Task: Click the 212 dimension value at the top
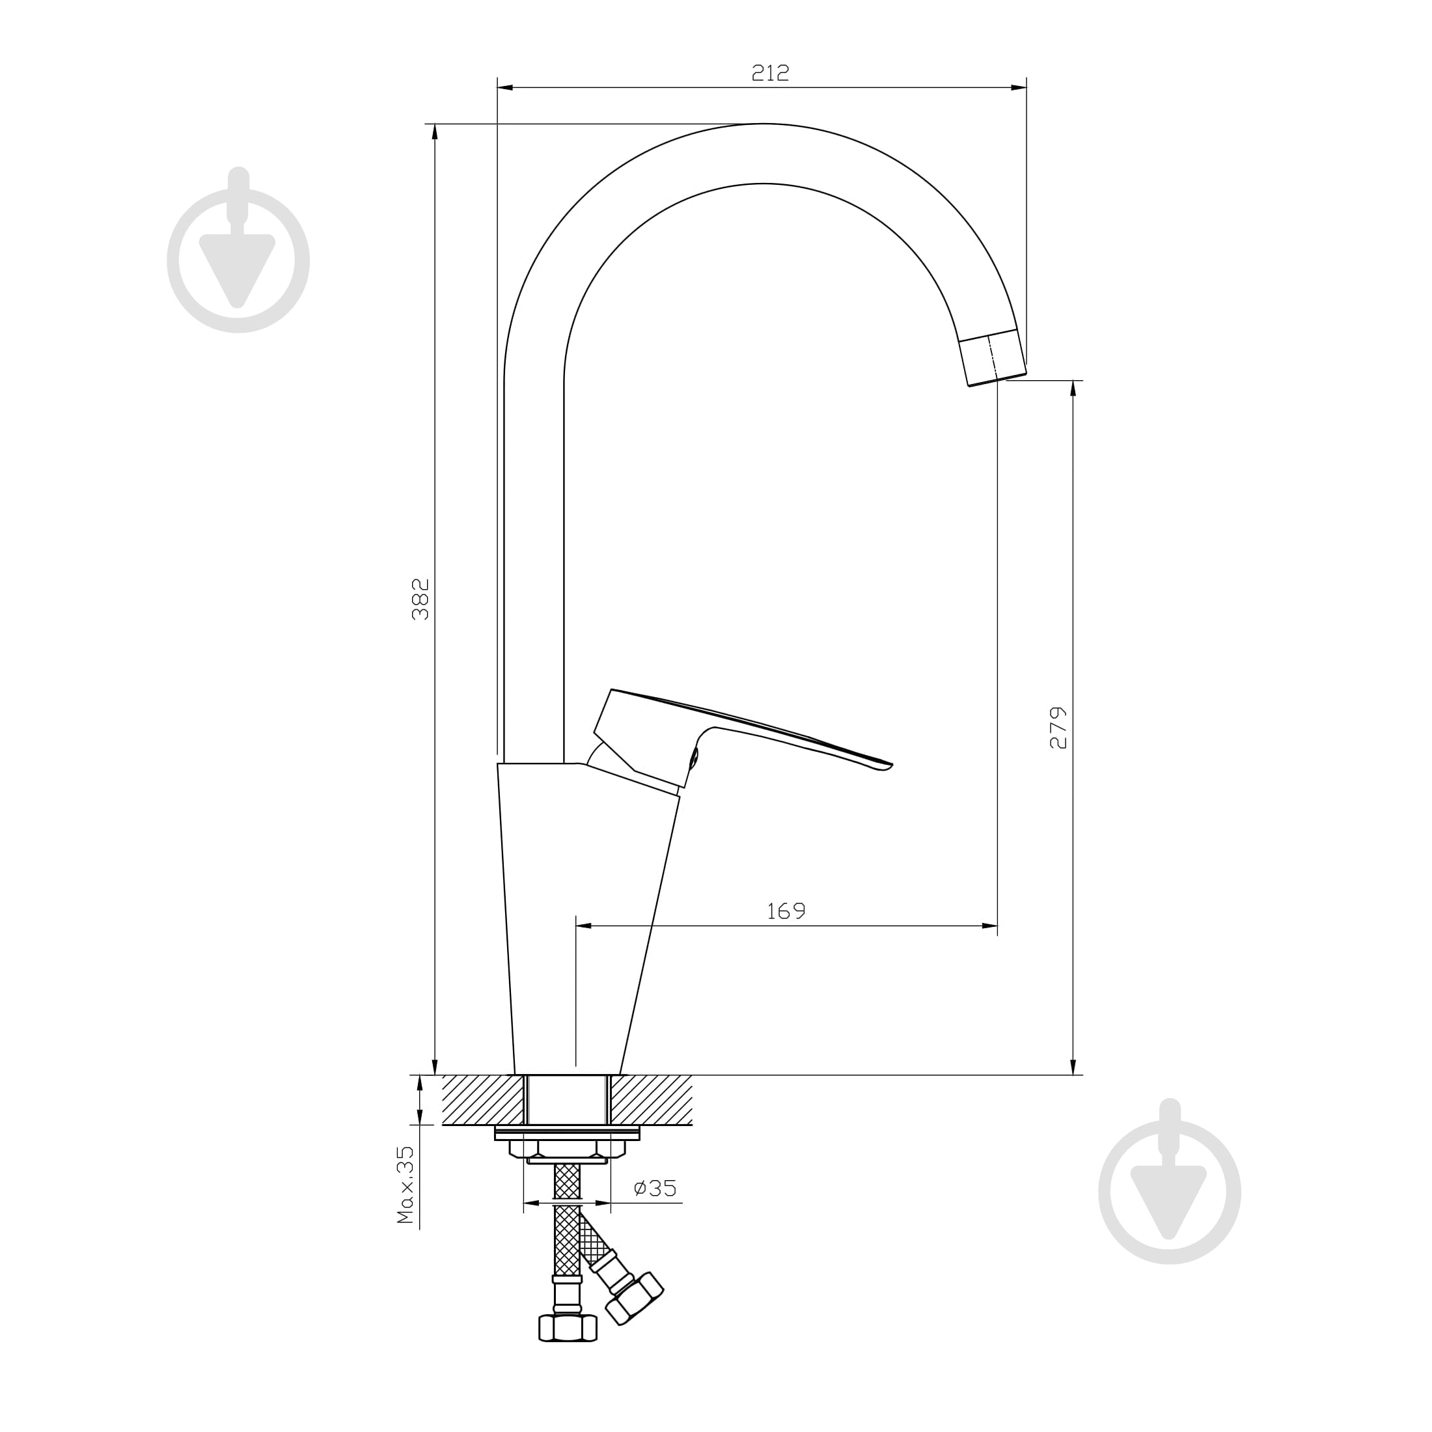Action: pos(771,73)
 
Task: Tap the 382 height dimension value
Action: pos(420,599)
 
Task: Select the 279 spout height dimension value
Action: pos(1058,728)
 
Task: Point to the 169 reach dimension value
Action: pos(786,911)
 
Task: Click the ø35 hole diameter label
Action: pos(655,1188)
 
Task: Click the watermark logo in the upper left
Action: pos(238,250)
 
